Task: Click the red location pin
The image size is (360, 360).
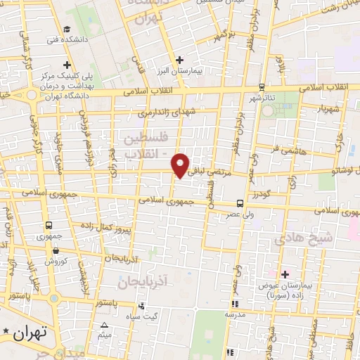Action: [181, 165]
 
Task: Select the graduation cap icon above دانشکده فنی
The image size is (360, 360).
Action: [66, 30]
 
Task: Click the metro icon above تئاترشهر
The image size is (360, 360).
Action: [262, 87]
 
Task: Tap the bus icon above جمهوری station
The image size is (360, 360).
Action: [49, 226]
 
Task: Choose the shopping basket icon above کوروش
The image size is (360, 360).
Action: [55, 250]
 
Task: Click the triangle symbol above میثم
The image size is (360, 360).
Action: [105, 325]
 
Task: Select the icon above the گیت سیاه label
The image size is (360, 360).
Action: [142, 306]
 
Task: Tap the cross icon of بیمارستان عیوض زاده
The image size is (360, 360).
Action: [285, 274]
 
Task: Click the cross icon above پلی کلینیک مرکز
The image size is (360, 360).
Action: [67, 65]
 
